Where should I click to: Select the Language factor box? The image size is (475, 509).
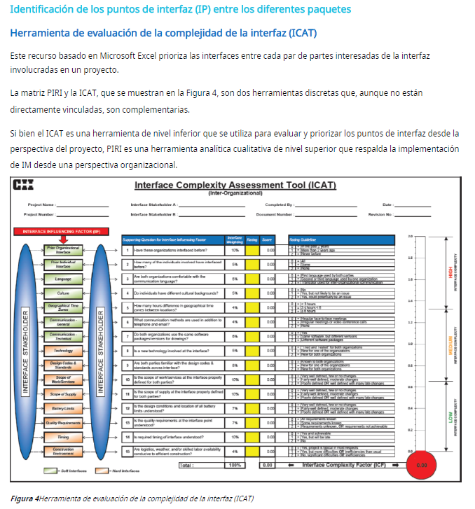[63, 279]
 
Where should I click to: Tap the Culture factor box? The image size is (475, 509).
[63, 293]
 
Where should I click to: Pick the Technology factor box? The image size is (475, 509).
[63, 350]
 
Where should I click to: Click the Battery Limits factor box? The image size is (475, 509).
[63, 408]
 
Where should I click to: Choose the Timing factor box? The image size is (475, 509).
[63, 437]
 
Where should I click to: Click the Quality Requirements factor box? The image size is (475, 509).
[63, 423]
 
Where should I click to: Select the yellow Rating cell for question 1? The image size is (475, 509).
[252, 250]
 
